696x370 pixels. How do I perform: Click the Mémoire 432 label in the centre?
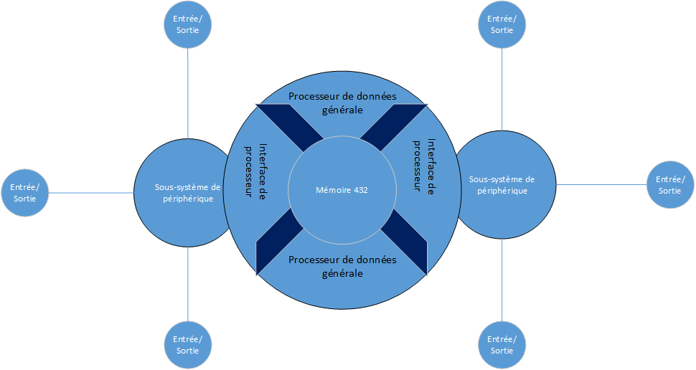342,190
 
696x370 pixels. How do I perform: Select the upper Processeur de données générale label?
342,103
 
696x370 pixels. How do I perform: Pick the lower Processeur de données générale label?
342,266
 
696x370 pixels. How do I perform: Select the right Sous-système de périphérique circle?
502,185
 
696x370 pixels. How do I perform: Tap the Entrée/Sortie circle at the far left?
25,193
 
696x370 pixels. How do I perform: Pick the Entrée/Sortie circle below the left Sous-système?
188,344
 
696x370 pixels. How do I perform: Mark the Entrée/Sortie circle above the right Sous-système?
502,24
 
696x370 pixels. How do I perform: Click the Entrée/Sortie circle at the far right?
670,185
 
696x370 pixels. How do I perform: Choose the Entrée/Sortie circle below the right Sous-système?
502,345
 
